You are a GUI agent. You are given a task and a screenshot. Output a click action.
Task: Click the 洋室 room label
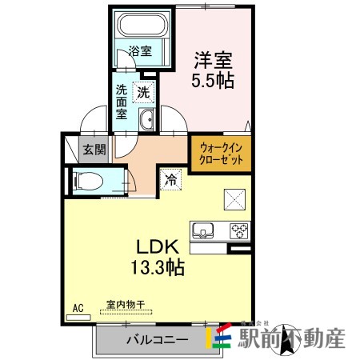211,60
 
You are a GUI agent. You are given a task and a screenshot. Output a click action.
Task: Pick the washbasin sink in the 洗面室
147,121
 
